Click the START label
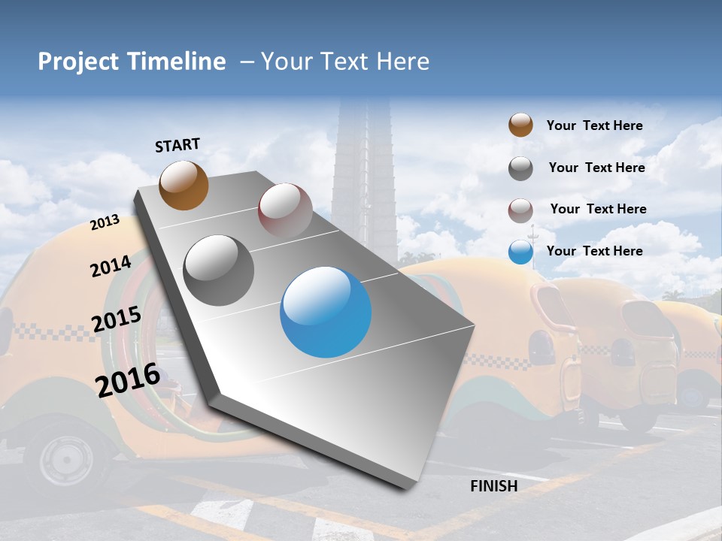(x=177, y=145)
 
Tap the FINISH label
(x=493, y=486)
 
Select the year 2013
(x=105, y=222)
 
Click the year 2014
(x=111, y=266)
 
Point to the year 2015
(x=117, y=319)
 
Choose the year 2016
(x=128, y=379)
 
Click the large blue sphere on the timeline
(x=326, y=313)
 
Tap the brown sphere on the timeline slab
(x=184, y=185)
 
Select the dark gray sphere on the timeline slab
(x=219, y=270)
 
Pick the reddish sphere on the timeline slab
(x=285, y=210)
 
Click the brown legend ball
(x=520, y=125)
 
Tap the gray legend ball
(x=520, y=168)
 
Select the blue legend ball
(x=520, y=252)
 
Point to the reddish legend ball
(x=520, y=210)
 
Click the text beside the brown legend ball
(x=594, y=125)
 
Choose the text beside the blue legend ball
(x=594, y=251)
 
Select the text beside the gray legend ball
(x=596, y=168)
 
